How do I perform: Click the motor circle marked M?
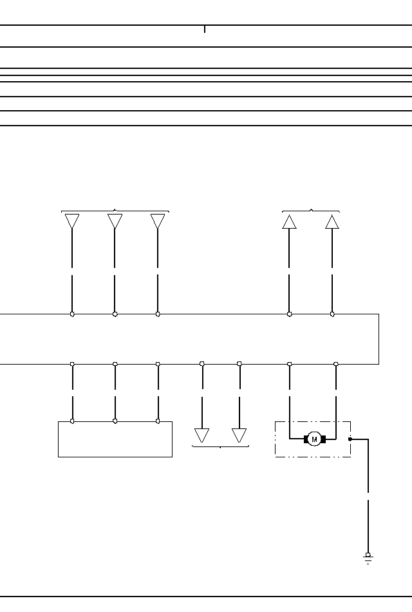[314, 439]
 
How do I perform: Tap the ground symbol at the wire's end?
[368, 558]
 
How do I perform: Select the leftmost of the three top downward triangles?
[72, 222]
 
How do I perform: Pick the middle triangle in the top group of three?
[115, 222]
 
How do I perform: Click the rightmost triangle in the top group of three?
[158, 222]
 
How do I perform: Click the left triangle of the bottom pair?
[202, 435]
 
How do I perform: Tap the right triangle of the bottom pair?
[239, 435]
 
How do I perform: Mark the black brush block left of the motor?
[306, 439]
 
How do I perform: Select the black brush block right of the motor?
[323, 439]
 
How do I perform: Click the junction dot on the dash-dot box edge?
[350, 439]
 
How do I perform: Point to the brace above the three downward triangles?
[115, 210]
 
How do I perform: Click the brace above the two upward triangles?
[311, 210]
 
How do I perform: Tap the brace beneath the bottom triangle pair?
[221, 446]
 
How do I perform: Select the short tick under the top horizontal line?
[205, 29]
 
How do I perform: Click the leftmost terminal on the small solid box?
[72, 421]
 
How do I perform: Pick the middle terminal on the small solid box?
[115, 421]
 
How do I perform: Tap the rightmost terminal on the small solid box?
[158, 421]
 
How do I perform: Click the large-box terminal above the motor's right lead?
[336, 364]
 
